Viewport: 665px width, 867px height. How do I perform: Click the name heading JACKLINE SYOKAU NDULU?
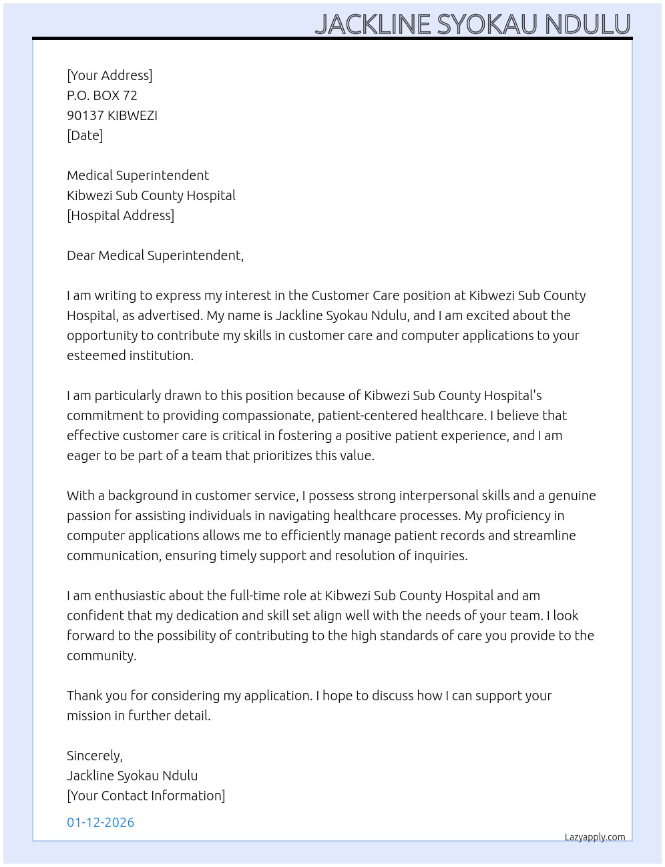[472, 24]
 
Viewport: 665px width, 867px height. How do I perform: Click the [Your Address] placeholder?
[109, 75]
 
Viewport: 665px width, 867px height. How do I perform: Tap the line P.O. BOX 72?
[102, 95]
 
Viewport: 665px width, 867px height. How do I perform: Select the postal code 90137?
[85, 115]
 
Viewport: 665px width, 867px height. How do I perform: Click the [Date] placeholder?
[85, 135]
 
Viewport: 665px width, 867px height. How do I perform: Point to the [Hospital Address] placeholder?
[120, 215]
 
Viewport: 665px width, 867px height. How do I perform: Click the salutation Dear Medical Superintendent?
[155, 255]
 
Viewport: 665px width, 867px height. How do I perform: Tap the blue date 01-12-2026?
[100, 822]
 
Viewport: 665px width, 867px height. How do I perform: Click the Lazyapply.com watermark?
[595, 837]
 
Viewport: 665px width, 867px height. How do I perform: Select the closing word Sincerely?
[94, 756]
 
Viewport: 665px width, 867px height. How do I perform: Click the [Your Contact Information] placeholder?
[146, 796]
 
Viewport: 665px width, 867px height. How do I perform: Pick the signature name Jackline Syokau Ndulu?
[132, 776]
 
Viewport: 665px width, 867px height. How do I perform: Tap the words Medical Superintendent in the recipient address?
[138, 175]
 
